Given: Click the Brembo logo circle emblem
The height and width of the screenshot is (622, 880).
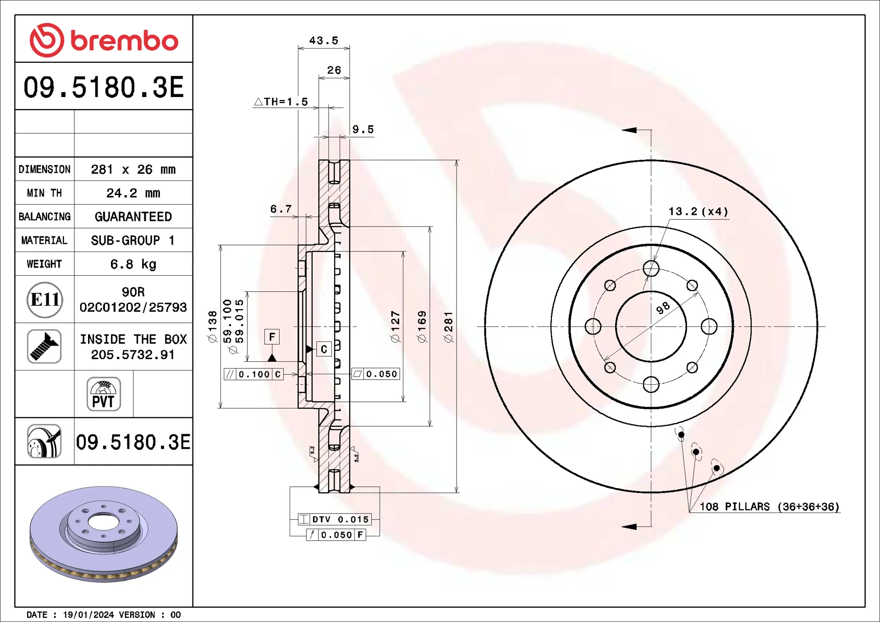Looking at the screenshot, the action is (x=47, y=40).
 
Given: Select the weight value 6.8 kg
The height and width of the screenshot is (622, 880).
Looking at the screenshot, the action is (x=133, y=264).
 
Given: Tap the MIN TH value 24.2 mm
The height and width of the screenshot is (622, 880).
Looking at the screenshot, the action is (x=133, y=193).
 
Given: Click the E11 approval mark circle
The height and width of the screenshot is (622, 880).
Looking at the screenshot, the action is (x=44, y=300).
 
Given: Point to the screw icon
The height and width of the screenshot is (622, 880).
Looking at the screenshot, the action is (x=44, y=347).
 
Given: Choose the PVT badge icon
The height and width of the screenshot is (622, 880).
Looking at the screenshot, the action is (x=104, y=394).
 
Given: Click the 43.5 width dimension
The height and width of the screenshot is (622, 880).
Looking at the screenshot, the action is (x=324, y=41).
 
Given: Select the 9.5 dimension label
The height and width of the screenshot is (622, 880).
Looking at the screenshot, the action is (x=363, y=130).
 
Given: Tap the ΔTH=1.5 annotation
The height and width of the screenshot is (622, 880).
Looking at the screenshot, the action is (x=281, y=102).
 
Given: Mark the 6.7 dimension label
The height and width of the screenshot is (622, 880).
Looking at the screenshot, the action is (x=281, y=209).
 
